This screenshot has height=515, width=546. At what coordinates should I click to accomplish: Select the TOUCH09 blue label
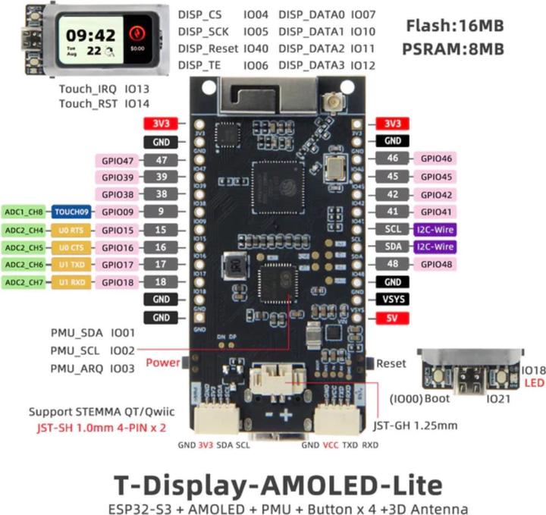pos(73,212)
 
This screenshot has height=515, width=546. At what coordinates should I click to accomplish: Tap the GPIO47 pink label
pos(118,160)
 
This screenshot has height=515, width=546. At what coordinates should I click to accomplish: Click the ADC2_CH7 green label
pos(24,282)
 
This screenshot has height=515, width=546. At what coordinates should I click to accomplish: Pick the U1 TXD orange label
pos(73,265)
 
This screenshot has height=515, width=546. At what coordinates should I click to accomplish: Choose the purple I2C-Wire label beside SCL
pos(435,230)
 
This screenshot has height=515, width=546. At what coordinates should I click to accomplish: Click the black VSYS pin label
pos(393,300)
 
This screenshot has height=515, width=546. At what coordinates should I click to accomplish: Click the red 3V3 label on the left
pos(160,124)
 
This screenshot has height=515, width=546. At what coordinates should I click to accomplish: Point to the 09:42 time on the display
pos(90,34)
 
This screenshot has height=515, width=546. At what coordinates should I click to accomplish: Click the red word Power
pos(163,363)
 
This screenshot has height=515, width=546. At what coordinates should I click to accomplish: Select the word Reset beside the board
pos(391,363)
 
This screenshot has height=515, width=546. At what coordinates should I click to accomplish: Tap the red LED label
pos(535,384)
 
